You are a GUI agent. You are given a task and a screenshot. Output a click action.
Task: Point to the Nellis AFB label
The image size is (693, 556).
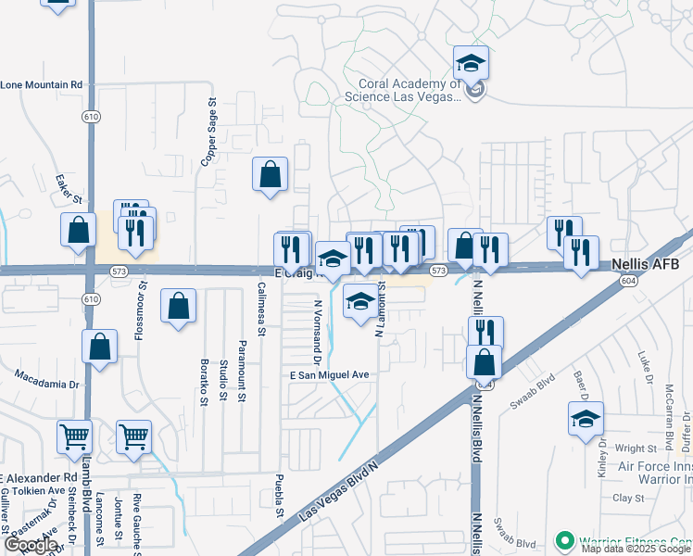coord(647,264)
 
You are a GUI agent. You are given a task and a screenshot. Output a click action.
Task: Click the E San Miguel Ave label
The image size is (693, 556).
coord(330,374)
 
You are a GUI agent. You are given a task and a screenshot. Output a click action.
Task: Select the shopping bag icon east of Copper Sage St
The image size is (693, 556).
coord(270,173)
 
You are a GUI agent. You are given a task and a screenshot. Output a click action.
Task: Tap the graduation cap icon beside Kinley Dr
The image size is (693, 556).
coord(586,420)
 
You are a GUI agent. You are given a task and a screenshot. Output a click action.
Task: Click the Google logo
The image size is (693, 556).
coord(31,546)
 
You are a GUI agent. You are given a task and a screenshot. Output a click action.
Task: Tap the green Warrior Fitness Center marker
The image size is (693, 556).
coord(561,539)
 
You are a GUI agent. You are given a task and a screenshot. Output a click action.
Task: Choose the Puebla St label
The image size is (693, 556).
coord(279,503)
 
